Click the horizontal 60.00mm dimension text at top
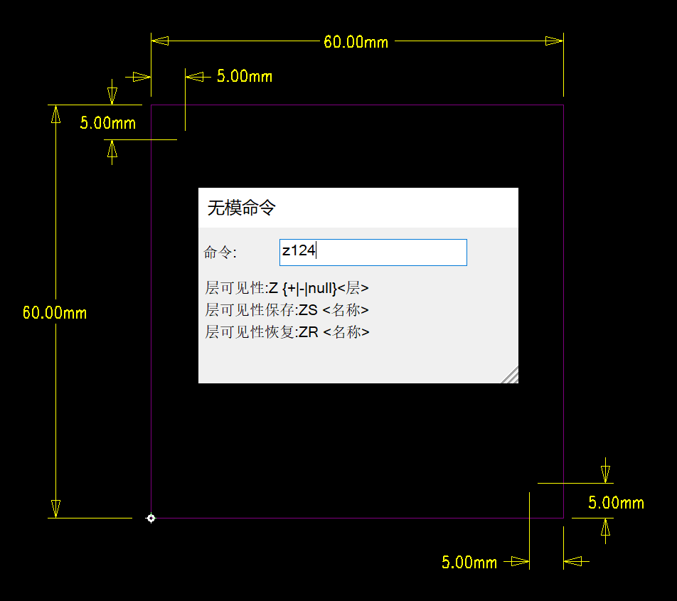(356, 42)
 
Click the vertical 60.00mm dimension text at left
(55, 313)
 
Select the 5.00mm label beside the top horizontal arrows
(245, 77)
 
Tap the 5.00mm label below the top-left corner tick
(107, 123)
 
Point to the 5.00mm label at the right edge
(616, 504)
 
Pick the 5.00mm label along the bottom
(469, 563)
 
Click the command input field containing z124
(373, 252)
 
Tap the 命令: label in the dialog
(220, 252)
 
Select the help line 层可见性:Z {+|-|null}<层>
(287, 289)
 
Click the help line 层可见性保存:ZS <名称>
(287, 311)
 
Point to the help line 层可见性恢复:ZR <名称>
(287, 333)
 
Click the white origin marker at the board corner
(151, 518)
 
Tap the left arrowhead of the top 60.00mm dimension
(160, 41)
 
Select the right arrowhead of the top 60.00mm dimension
(554, 41)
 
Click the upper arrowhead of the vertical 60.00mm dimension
(55, 114)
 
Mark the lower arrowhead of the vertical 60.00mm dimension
(55, 509)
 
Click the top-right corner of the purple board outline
(563, 105)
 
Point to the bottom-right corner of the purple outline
(563, 518)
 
